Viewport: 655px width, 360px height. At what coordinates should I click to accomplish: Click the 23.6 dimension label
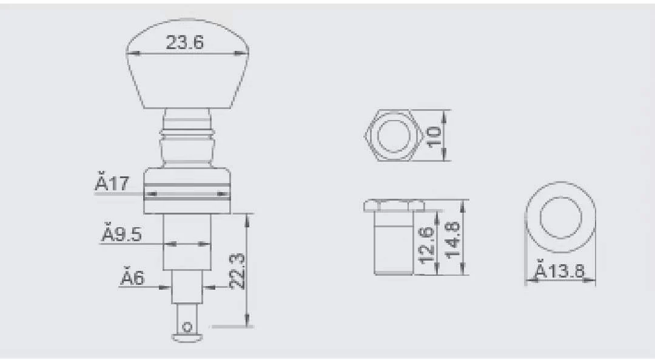(x=184, y=42)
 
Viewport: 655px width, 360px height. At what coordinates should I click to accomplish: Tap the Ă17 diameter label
(x=112, y=184)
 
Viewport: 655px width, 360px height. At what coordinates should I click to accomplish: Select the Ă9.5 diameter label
(x=122, y=235)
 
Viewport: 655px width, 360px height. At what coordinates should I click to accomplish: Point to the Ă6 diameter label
(x=132, y=278)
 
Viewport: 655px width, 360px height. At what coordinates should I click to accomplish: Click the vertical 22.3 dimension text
(x=237, y=271)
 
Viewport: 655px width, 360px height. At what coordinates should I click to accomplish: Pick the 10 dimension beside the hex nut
(x=434, y=136)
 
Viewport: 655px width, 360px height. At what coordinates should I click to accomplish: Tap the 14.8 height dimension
(x=452, y=240)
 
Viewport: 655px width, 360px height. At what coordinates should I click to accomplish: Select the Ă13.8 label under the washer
(x=560, y=271)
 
